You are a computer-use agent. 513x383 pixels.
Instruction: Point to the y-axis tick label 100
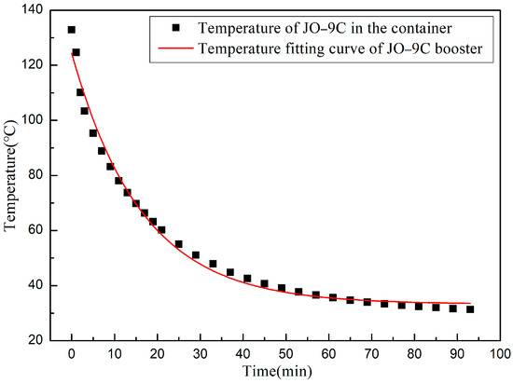37,120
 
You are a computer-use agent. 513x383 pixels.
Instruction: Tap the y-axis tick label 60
40,230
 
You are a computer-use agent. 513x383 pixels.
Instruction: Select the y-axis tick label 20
40,340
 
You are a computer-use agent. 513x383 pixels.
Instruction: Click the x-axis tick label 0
71,354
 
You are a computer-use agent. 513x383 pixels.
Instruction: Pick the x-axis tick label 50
285,354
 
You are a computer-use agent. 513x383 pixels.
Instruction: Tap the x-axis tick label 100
500,354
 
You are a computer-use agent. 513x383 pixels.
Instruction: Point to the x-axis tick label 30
200,354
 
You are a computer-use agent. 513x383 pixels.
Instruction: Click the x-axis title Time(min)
285,372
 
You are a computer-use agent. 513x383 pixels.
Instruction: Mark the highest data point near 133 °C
72,30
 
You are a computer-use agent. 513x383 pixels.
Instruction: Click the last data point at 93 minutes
470,309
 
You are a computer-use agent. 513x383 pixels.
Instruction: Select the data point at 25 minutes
178,244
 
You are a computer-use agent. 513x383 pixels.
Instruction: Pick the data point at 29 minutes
196,254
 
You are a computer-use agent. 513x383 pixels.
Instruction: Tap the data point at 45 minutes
264,283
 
